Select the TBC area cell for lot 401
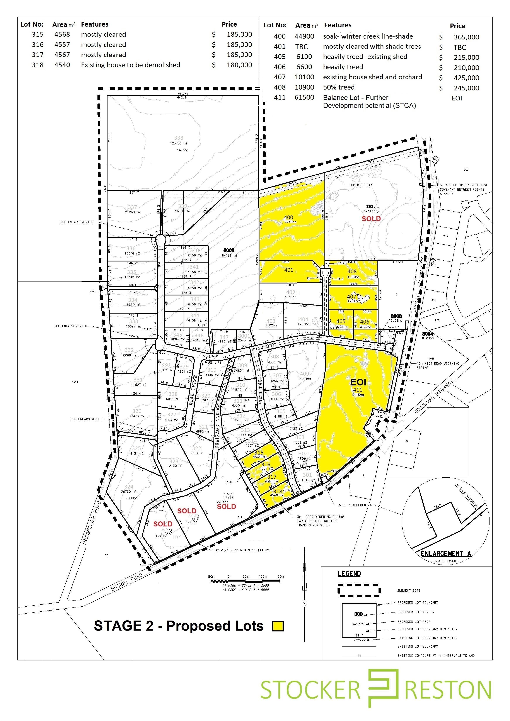click(x=301, y=47)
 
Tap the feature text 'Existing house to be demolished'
click(x=130, y=65)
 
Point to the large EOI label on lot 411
click(x=358, y=382)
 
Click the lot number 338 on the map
click(x=179, y=138)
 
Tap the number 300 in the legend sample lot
click(x=358, y=614)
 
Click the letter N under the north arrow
click(x=304, y=603)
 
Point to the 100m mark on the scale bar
click(x=262, y=577)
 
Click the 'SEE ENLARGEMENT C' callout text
click(x=77, y=222)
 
